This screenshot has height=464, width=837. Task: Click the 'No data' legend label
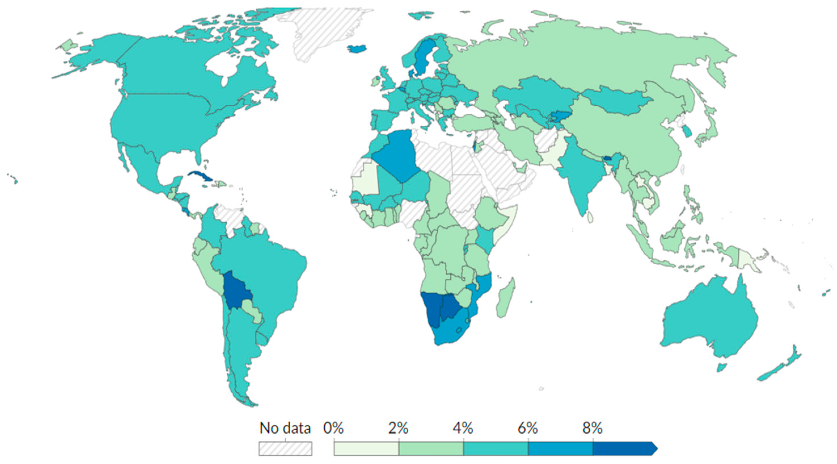click(285, 429)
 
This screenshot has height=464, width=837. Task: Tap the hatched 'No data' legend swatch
click(285, 449)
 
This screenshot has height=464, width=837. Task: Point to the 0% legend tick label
click(333, 429)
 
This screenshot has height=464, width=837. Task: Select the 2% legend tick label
click(398, 429)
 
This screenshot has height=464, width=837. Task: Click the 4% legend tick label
click(463, 429)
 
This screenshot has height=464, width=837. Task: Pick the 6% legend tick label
click(528, 429)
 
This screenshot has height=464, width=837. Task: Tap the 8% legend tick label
click(592, 429)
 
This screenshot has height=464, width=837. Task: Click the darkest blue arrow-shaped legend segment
click(622, 449)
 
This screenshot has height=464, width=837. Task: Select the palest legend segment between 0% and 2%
click(366, 449)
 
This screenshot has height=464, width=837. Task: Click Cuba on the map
click(200, 176)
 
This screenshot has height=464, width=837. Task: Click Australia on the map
click(712, 322)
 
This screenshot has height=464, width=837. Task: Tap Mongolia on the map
click(617, 99)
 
